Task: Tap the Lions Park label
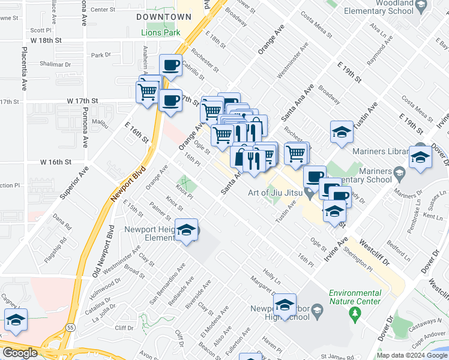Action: coord(160,32)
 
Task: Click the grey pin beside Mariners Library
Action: coord(400,175)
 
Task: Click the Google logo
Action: coord(19,353)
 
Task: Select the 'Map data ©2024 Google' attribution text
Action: coord(411,355)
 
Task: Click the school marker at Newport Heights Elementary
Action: coord(187,230)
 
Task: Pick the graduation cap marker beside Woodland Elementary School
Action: coord(421,7)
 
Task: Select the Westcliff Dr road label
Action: coord(376,254)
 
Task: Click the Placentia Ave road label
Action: coord(25,69)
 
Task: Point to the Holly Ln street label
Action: coord(272,280)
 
